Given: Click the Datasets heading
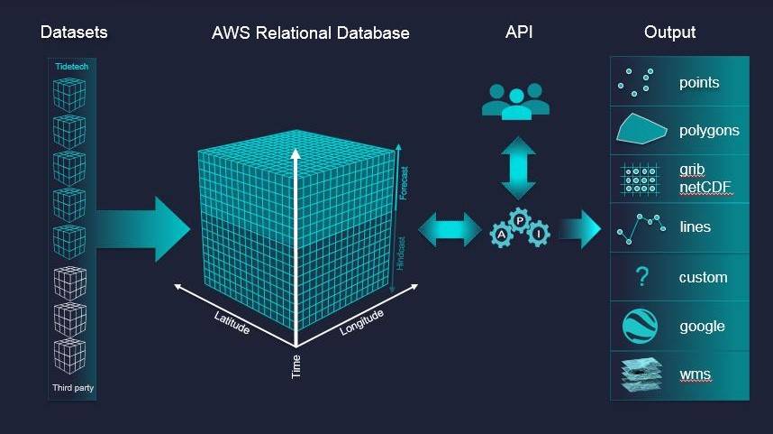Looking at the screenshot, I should click(74, 32).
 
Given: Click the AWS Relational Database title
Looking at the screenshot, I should click(310, 33).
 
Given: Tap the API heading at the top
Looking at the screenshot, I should click(520, 32).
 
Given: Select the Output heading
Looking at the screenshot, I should click(669, 32).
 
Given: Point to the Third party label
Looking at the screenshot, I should click(73, 389).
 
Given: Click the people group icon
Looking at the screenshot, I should click(514, 101).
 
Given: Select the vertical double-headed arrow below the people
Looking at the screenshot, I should click(518, 168).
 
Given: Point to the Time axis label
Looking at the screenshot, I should click(296, 366).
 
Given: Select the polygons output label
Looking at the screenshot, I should click(709, 131).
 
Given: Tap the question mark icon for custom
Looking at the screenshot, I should click(641, 277).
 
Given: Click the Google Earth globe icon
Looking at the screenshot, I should click(641, 326).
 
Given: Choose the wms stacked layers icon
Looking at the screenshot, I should click(641, 374).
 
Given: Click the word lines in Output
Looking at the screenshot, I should click(696, 227).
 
